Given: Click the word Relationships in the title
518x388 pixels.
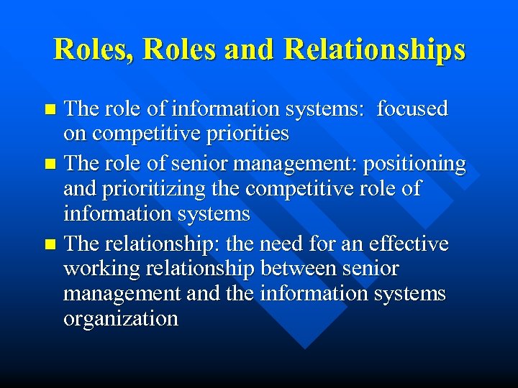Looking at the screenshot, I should tap(375, 49).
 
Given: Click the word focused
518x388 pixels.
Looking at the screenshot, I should tap(412, 109).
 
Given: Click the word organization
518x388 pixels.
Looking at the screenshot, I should tap(120, 318).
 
